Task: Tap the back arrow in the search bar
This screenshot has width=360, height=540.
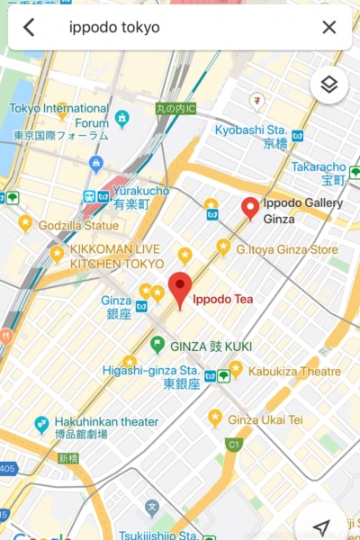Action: pos(29,27)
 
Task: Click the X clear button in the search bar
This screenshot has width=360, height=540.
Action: pos(329,27)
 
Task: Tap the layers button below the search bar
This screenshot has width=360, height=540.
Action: pos(329,85)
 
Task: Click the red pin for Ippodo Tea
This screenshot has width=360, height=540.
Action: pos(181,288)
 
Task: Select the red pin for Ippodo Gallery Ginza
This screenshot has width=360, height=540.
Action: pos(251,208)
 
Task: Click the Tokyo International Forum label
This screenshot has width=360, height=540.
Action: pos(58,115)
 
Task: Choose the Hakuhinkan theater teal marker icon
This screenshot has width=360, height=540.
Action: pos(41,423)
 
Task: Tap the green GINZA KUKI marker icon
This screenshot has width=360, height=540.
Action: pos(157,345)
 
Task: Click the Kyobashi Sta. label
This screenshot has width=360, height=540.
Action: pos(256,130)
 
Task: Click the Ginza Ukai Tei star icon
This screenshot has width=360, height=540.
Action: pos(215,418)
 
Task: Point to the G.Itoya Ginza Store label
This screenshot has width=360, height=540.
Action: pos(287,248)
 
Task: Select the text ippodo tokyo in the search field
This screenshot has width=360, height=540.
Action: pos(114,27)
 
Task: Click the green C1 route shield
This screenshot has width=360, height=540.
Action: pos(234,444)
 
